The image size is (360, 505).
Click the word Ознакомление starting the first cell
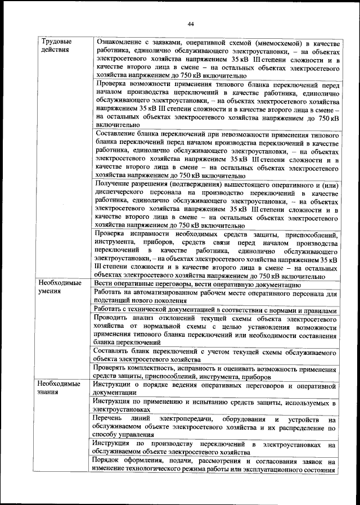(123, 43)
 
